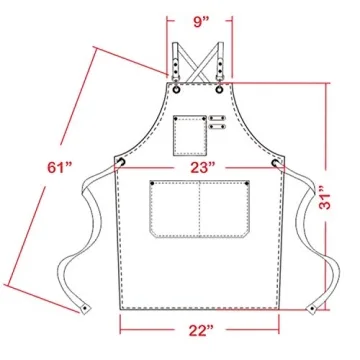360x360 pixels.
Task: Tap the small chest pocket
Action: [x=186, y=130]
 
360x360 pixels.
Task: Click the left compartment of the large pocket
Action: [x=175, y=210]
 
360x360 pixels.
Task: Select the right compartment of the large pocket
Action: [x=224, y=210]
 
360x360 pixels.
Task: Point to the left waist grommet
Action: [x=120, y=161]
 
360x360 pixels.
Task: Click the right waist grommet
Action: [x=276, y=161]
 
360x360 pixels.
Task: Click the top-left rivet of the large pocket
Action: [x=154, y=183]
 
